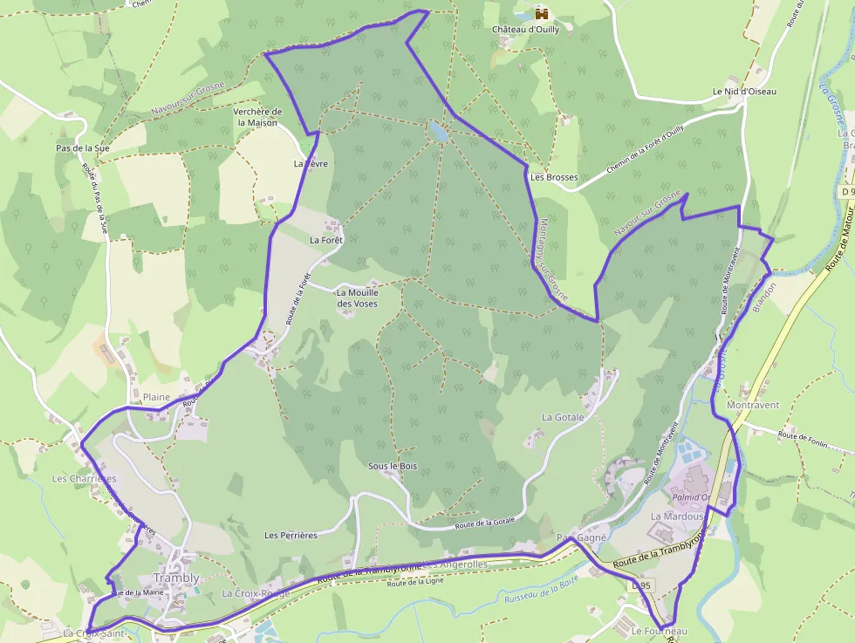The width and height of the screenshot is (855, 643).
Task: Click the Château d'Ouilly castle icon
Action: (542, 14)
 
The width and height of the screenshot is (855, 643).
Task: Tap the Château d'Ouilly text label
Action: (531, 29)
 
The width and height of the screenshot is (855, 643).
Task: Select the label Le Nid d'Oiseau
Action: (743, 91)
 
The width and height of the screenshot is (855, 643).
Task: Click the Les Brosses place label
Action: (554, 177)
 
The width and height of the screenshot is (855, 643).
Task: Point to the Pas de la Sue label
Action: (83, 148)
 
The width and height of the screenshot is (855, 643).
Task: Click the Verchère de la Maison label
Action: (257, 118)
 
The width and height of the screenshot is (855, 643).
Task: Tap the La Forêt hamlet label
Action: (327, 239)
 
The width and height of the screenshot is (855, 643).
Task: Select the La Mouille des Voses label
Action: (356, 298)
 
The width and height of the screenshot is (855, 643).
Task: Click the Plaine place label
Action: (157, 397)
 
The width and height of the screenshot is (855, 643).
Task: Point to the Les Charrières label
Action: (84, 478)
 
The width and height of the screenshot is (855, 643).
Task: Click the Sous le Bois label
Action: (393, 466)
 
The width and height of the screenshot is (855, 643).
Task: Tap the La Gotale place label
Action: (563, 418)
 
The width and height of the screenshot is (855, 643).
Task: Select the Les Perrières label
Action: (291, 535)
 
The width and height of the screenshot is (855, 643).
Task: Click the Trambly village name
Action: (176, 578)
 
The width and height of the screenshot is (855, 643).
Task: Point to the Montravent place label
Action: (753, 406)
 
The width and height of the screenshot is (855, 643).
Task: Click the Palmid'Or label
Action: (692, 497)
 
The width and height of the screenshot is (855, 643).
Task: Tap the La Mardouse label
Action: (677, 516)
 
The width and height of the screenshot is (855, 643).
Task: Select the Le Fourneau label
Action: (660, 631)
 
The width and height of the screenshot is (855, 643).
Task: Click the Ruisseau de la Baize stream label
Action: (542, 597)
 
